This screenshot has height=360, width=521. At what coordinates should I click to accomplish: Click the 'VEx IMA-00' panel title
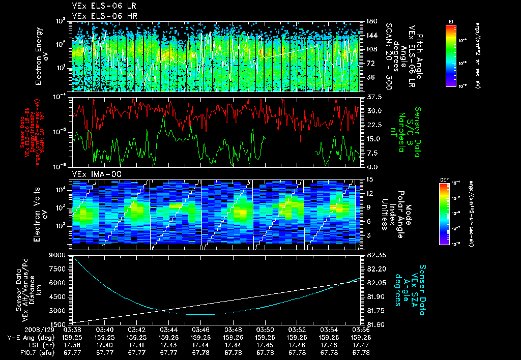92,174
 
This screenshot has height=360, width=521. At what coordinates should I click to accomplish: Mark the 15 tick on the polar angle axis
369,179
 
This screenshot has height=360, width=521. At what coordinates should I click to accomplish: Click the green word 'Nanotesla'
400,132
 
